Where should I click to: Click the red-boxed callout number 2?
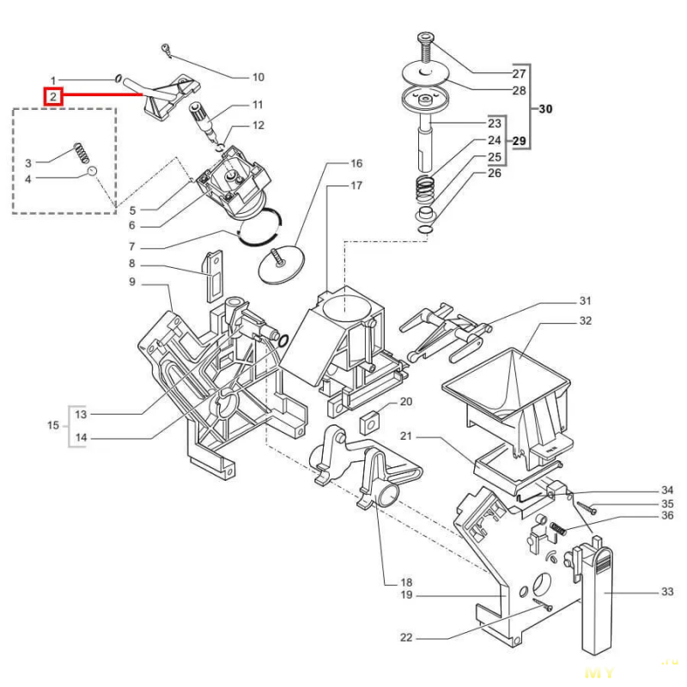coord(53,96)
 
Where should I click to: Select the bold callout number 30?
coord(545,109)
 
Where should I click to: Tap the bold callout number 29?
coord(520,141)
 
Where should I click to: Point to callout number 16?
coord(356,163)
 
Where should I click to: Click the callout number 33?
coord(667,592)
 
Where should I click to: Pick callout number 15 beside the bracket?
coord(53,425)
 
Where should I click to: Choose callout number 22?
coord(406,637)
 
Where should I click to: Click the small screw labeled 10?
coord(166,49)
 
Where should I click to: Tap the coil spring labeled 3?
coord(82,153)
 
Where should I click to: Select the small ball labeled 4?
coord(92,170)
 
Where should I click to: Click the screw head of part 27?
coord(426,37)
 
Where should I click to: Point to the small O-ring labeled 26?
coord(425,229)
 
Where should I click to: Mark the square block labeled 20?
coord(369,422)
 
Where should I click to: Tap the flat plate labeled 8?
coord(213,276)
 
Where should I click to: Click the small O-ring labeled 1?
coord(118,79)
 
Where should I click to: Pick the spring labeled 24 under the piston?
coord(424,188)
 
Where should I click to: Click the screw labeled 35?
coord(587,508)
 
